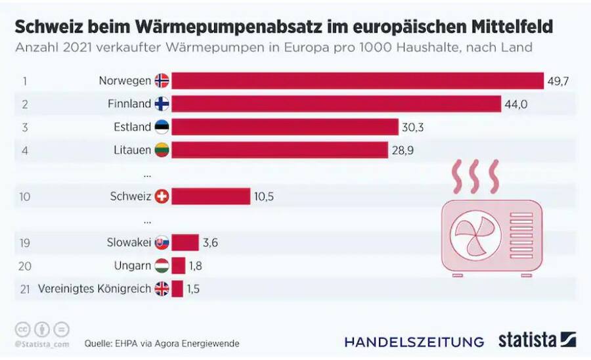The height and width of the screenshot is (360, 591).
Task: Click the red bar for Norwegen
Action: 358,81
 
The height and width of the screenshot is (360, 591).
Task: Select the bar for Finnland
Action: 336,104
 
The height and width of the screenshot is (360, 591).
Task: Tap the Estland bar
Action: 285,127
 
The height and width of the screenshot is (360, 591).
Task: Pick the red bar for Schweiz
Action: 211,196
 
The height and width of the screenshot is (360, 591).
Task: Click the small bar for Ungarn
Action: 178,265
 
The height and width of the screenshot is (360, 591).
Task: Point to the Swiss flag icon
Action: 162,196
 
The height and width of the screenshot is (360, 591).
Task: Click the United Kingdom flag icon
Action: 162,288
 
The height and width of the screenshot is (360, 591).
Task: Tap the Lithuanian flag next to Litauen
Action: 162,150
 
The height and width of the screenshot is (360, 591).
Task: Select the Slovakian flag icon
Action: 162,242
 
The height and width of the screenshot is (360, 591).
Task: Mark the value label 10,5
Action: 263,196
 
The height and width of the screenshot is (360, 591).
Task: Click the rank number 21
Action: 25,288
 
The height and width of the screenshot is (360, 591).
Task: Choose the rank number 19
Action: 25,242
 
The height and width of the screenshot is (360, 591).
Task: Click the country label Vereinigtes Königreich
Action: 95,288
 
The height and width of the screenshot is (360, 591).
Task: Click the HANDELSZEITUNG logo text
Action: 414,342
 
